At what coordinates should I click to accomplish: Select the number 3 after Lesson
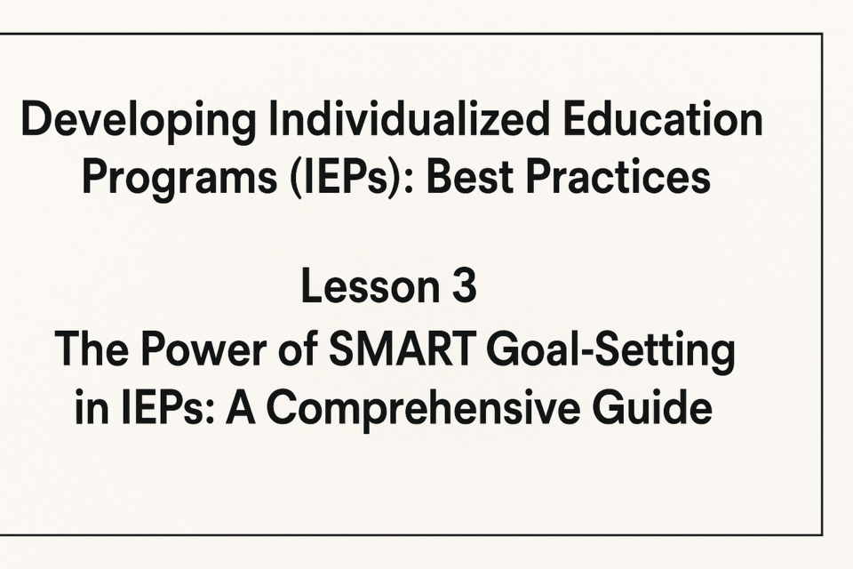tap(464, 286)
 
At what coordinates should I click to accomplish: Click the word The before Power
tap(92, 349)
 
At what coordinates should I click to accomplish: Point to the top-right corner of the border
tap(822, 35)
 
